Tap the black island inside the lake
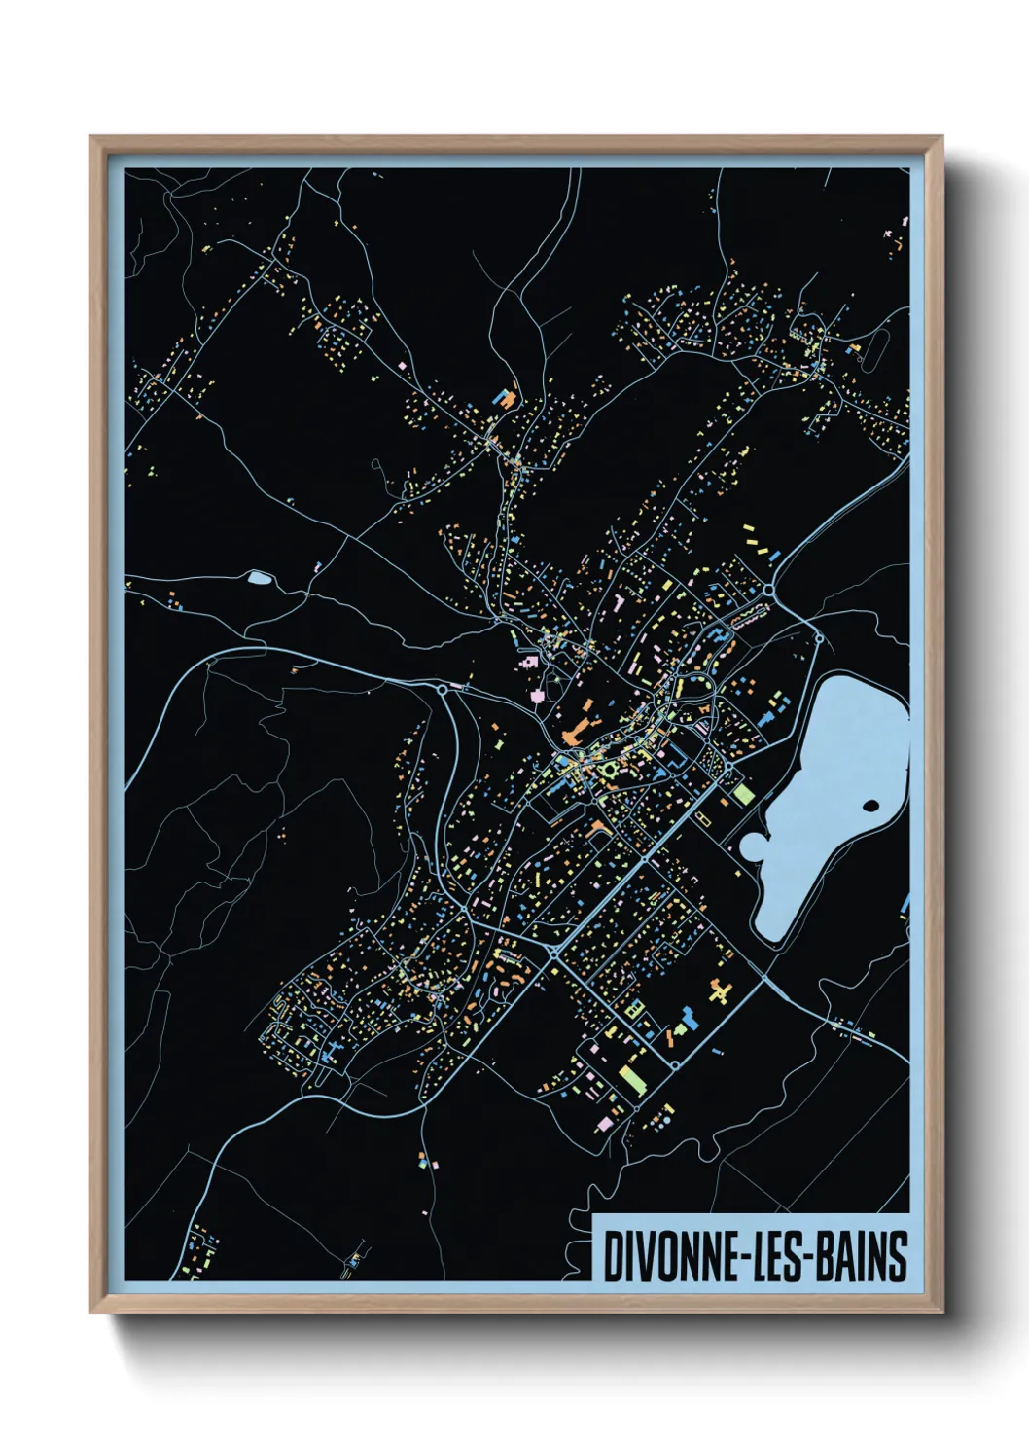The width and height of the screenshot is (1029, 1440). coord(870,806)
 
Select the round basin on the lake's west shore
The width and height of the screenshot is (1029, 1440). coord(755,846)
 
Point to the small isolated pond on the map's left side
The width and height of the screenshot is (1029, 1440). coord(259,578)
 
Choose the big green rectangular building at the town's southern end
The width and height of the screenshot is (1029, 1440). coord(632,1078)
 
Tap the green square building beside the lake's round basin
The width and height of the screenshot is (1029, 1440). coord(744,794)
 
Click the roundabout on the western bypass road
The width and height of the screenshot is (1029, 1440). coord(443,689)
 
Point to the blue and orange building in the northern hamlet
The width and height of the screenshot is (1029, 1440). coord(505,398)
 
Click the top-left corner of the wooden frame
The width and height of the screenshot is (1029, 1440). coord(91,138)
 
